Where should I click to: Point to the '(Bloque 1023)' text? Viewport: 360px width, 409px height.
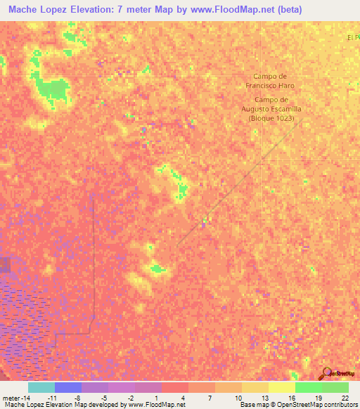tap(271, 118)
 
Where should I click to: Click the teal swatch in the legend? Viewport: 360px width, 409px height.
tap(41, 387)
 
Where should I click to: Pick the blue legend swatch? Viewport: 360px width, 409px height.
tap(68, 387)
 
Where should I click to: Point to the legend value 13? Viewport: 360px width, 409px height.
tap(264, 398)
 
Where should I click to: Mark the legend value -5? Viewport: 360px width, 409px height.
tap(104, 398)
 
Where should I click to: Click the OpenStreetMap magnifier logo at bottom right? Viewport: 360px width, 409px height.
tap(327, 374)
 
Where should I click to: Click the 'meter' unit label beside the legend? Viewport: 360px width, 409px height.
tap(11, 398)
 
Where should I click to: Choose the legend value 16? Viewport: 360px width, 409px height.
tap(291, 398)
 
